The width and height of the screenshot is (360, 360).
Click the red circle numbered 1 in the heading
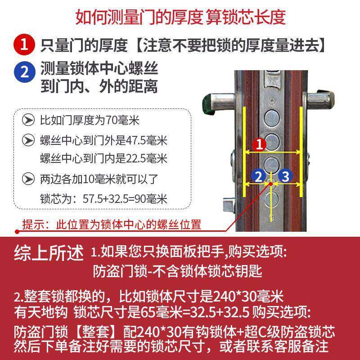pyautogui.click(x=26, y=45)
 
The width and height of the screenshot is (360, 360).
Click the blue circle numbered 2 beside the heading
pyautogui.click(x=26, y=72)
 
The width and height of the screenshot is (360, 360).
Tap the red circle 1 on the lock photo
pyautogui.click(x=260, y=144)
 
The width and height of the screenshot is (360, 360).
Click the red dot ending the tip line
pyautogui.click(x=17, y=232)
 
